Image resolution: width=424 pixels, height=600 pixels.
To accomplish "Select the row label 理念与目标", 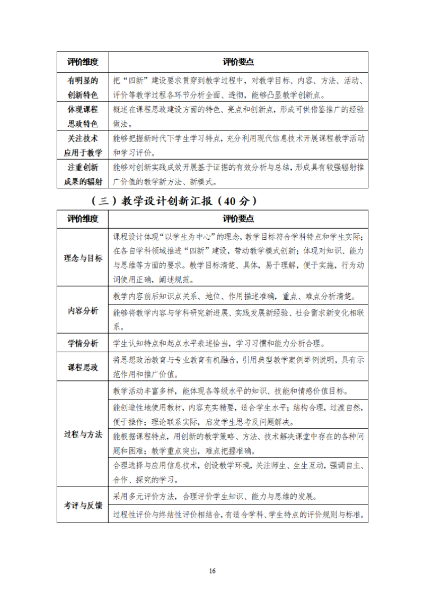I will (83, 258).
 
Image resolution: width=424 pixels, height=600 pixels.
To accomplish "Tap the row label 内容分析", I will (83, 311).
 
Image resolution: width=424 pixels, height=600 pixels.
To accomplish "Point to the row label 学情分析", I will (83, 343).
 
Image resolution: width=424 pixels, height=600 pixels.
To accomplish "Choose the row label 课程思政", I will (83, 367).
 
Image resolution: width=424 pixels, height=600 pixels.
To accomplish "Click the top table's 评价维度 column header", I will (83, 62).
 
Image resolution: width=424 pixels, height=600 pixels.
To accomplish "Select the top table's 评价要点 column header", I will (238, 62).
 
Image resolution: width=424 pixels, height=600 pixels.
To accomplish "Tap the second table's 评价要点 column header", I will (238, 219).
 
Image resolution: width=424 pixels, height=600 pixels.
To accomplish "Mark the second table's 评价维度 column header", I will (83, 219).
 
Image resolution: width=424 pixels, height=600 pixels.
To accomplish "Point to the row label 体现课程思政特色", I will (83, 116).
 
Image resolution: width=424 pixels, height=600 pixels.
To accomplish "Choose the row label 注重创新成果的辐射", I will (83, 175).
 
